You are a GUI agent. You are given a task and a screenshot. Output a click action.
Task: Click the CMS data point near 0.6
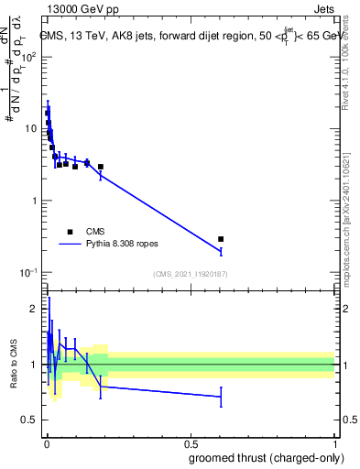221,239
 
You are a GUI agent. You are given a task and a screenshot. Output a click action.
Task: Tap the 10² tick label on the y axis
29,57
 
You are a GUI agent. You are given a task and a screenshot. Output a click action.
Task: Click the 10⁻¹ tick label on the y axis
29,272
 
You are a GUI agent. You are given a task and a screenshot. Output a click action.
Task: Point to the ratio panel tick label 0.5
31,420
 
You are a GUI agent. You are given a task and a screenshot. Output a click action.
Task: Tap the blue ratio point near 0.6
221,397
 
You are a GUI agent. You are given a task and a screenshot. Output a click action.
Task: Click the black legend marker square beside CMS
70,232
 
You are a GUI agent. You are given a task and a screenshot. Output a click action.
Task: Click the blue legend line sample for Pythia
70,245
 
